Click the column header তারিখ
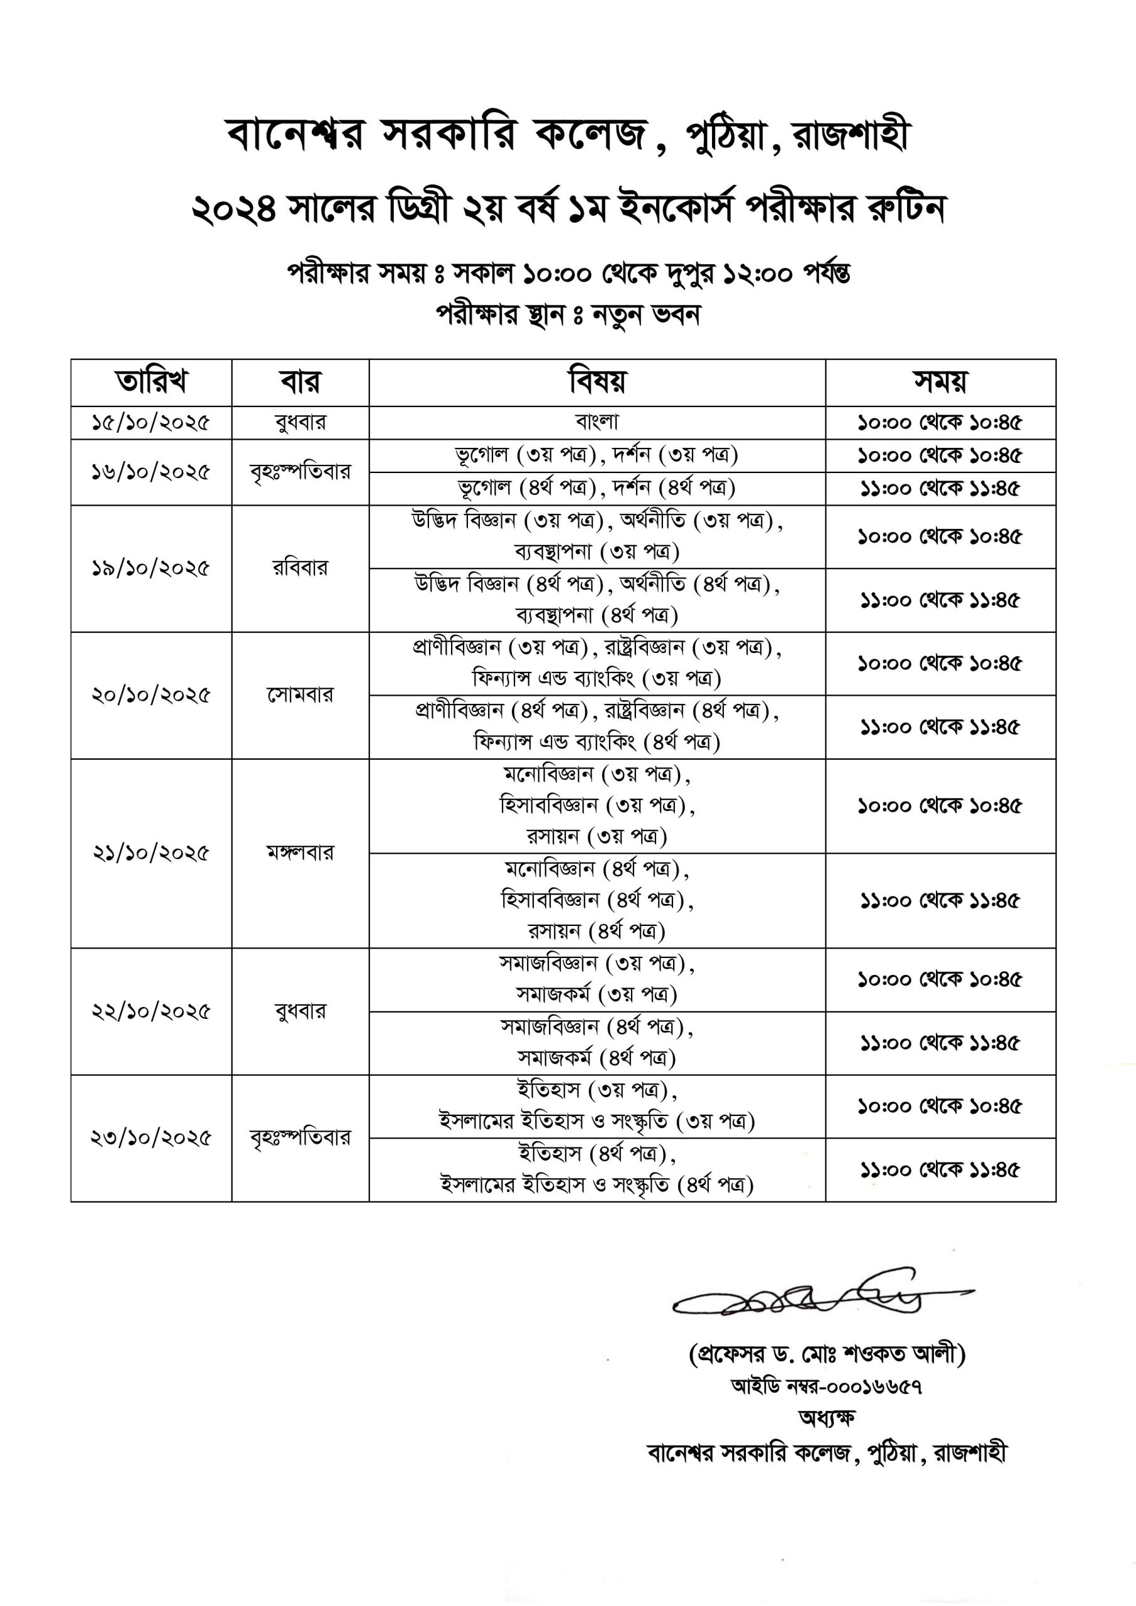pyautogui.click(x=151, y=382)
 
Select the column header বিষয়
pyautogui.click(x=597, y=382)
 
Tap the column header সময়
pyautogui.click(x=940, y=382)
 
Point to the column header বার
pyautogui.click(x=300, y=382)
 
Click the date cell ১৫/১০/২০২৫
pyautogui.click(x=151, y=422)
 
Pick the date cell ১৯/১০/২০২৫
pyautogui.click(x=151, y=568)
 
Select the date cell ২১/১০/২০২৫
pyautogui.click(x=151, y=853)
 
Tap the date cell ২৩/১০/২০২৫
pyautogui.click(x=151, y=1138)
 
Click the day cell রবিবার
pyautogui.click(x=300, y=568)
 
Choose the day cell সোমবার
pyautogui.click(x=300, y=694)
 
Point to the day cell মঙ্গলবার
pyautogui.click(x=300, y=853)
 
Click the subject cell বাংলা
pyautogui.click(x=597, y=421)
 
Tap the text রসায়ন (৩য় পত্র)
pyautogui.click(x=597, y=837)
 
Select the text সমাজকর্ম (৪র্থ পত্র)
pyautogui.click(x=597, y=1058)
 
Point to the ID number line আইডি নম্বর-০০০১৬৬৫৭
pyautogui.click(x=826, y=1386)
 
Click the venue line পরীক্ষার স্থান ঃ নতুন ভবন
pyautogui.click(x=568, y=314)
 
